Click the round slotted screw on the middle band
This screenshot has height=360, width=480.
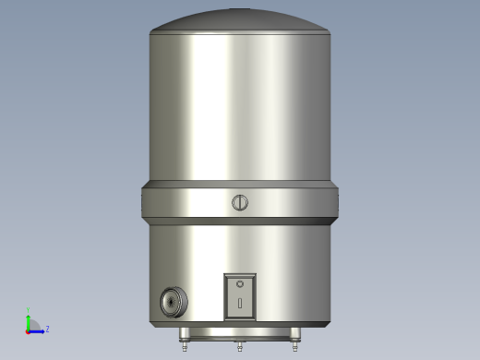240,202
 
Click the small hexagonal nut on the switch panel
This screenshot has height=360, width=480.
240,283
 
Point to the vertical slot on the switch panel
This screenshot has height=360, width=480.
240,303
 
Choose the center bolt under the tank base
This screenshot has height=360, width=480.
240,347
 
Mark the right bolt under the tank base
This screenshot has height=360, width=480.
295,346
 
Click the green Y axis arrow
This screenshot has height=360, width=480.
29,319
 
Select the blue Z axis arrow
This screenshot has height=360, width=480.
38,329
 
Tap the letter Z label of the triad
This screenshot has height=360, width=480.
47,329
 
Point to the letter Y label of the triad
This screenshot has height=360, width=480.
29,311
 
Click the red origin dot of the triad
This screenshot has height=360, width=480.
29,329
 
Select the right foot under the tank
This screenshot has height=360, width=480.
295,334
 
